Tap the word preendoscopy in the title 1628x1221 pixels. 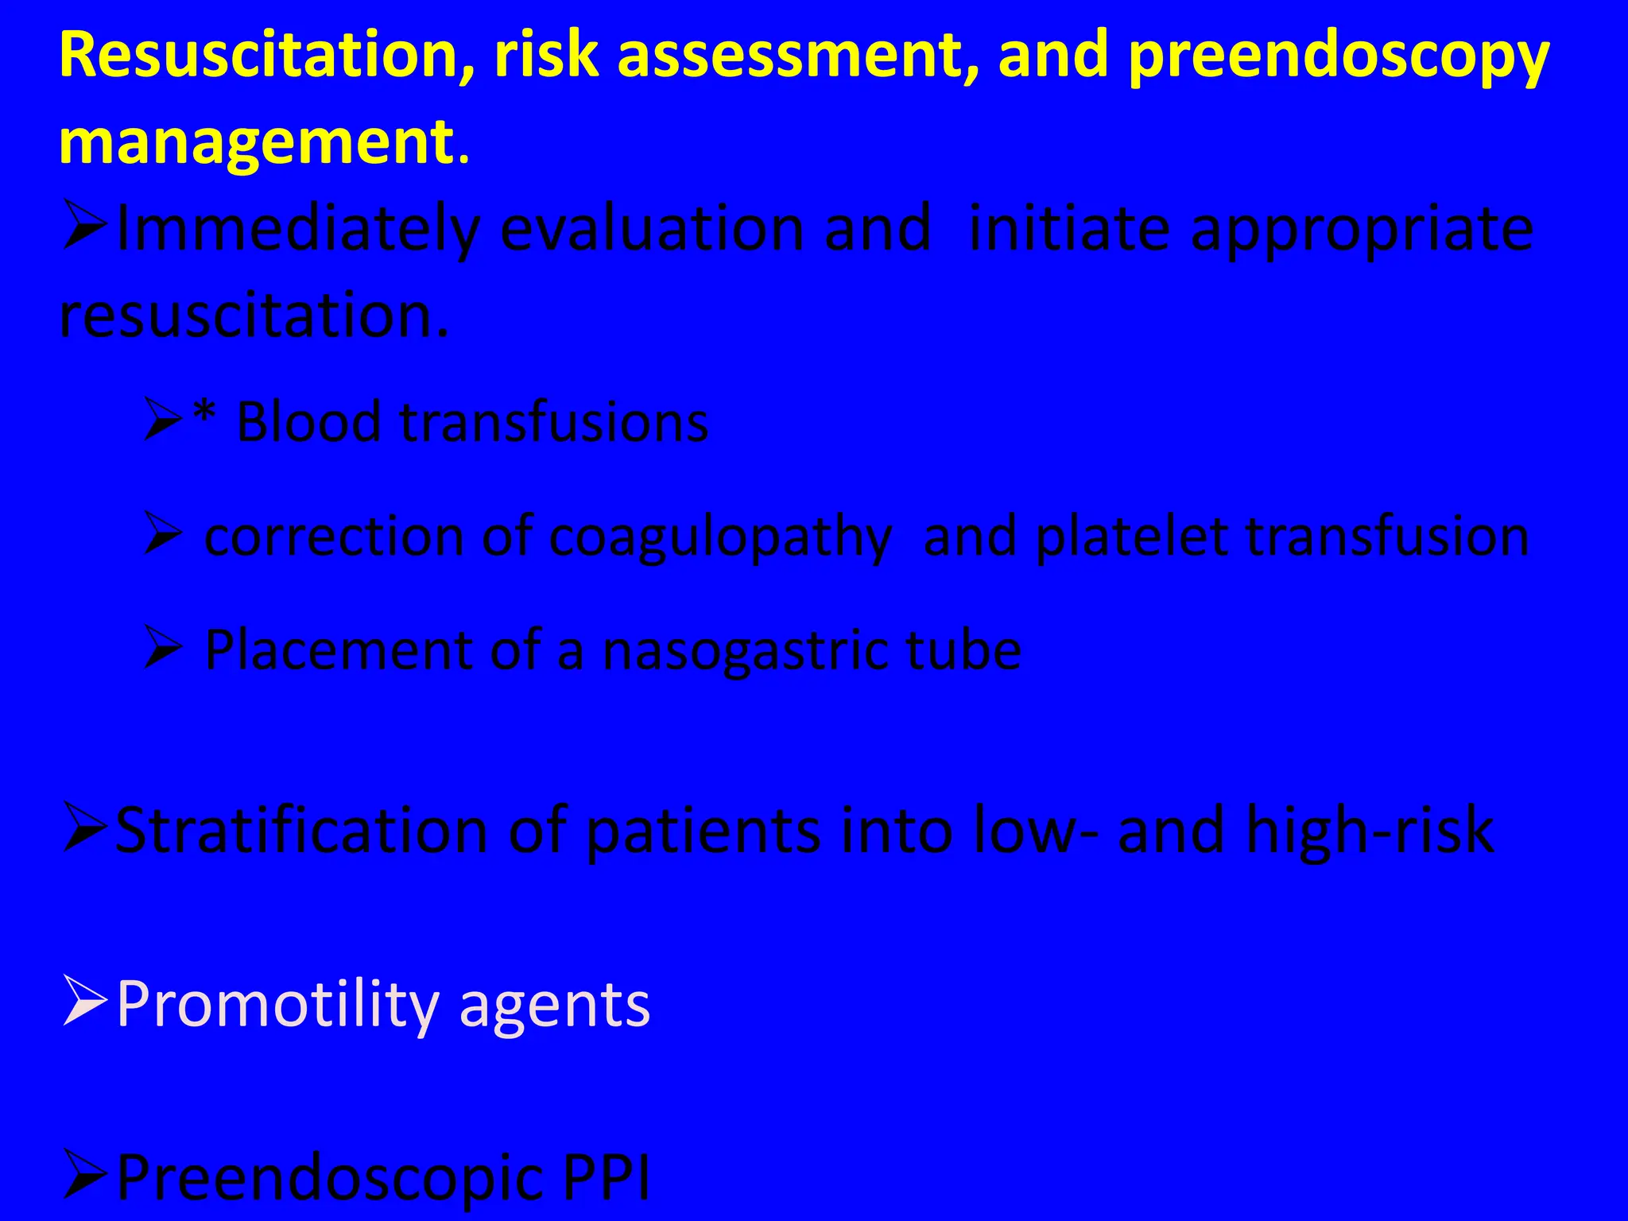[1339, 57]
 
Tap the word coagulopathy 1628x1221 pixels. [720, 539]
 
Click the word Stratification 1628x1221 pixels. [301, 831]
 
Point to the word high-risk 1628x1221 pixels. [1370, 831]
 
